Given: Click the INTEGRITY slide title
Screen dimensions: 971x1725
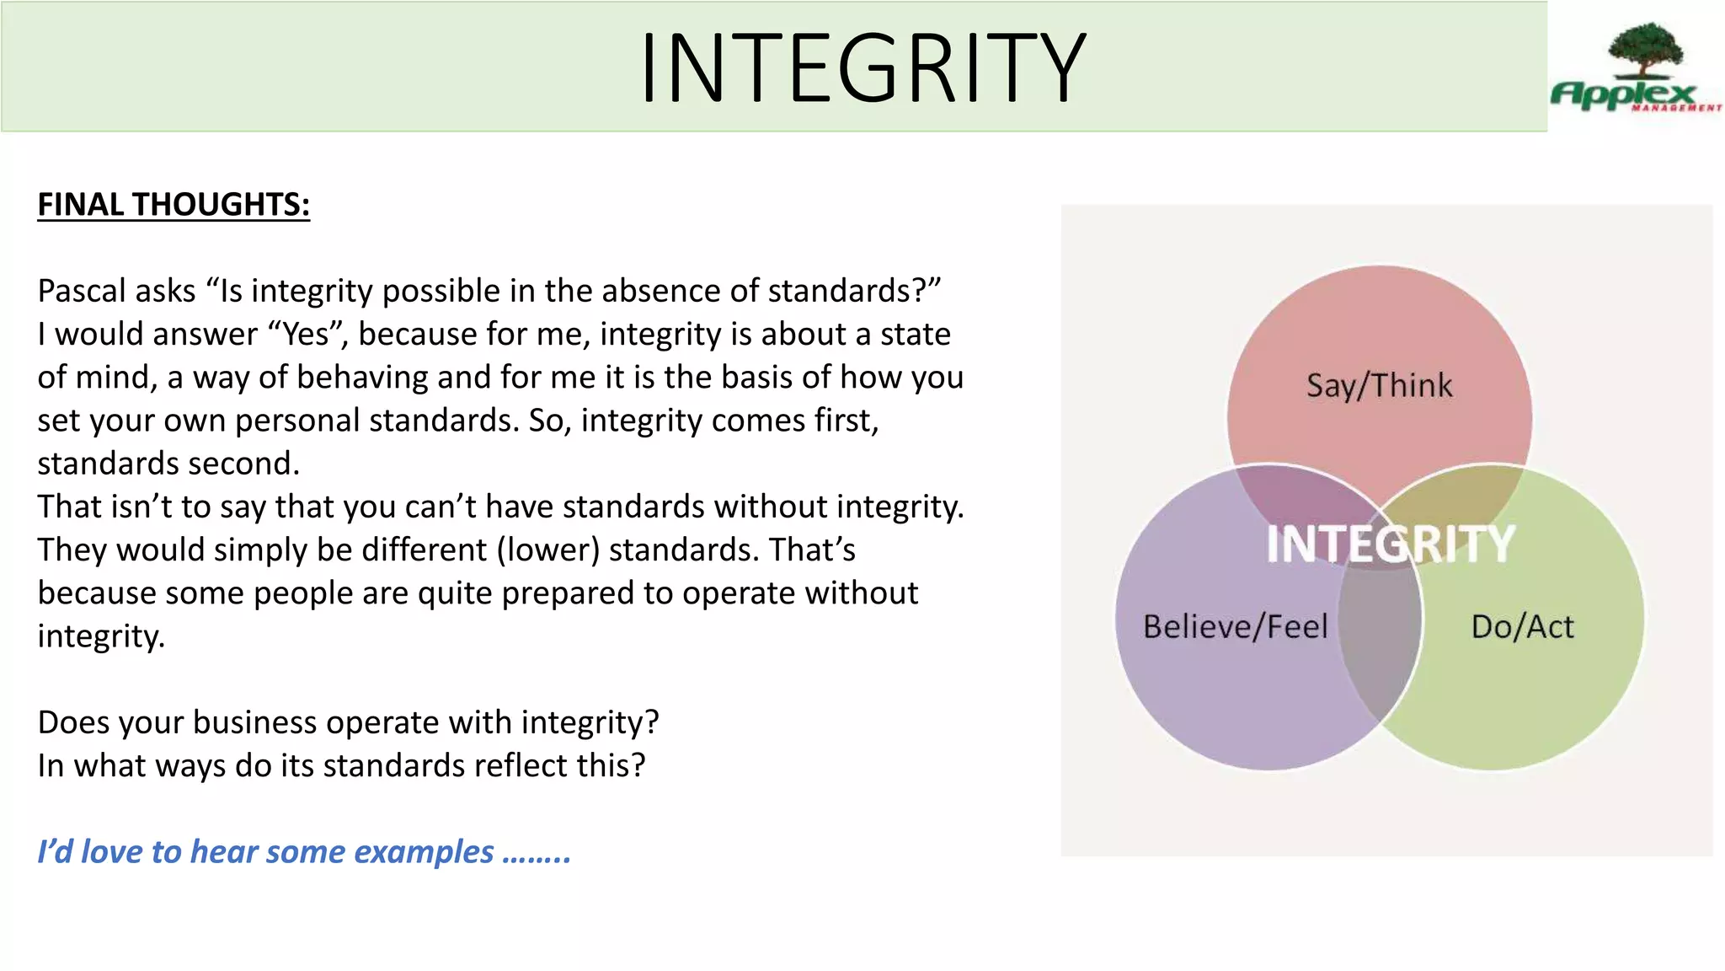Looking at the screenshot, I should (862, 67).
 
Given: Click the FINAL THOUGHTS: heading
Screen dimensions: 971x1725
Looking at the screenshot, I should (174, 205).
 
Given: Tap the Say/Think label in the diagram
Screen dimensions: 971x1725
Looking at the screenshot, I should (1380, 386).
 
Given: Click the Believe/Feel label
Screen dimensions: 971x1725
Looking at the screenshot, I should (1235, 627).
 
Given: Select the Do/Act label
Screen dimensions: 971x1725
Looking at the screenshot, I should (1522, 627).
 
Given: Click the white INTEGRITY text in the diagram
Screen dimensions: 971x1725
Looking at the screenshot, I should (1391, 544).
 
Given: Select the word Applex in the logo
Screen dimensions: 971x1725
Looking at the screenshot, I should (1622, 94).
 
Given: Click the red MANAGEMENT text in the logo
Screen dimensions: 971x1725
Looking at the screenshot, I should (1676, 108).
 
